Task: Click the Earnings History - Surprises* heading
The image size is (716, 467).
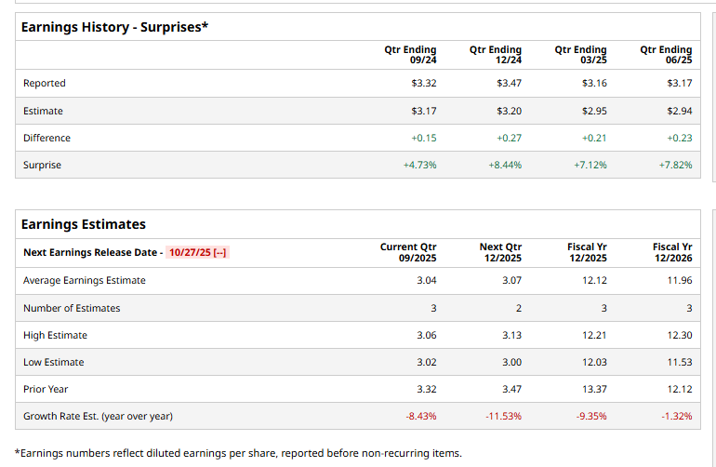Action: point(114,27)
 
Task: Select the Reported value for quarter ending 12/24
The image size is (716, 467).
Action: point(509,84)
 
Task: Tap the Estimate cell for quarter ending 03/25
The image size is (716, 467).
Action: point(594,111)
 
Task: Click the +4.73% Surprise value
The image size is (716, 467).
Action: point(419,165)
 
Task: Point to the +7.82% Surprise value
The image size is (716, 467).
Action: point(675,165)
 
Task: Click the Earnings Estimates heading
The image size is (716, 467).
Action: point(84,224)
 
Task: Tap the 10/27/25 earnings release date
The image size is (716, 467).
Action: point(197,252)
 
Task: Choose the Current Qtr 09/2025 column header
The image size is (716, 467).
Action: point(408,252)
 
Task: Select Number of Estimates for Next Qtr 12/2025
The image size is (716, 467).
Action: point(518,308)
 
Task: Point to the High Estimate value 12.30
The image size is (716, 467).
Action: point(680,335)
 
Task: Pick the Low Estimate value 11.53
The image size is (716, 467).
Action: point(680,362)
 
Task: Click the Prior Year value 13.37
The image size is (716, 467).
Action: point(594,389)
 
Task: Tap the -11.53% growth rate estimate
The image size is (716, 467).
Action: point(504,416)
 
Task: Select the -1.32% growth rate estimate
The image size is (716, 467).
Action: point(676,416)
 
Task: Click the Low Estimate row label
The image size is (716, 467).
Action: point(53,362)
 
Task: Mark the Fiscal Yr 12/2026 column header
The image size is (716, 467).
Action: point(672,252)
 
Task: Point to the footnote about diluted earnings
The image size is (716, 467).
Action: point(238,453)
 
